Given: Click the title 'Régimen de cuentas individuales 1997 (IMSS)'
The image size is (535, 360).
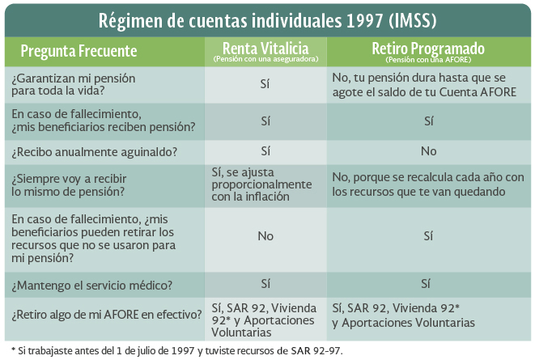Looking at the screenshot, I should [266, 19].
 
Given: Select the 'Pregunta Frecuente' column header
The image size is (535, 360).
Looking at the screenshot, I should [79, 52].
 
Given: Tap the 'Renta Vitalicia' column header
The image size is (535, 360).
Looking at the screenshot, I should [265, 48].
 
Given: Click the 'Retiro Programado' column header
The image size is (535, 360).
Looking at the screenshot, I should [428, 48].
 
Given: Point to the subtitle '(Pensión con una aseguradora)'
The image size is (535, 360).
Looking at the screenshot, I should [265, 60].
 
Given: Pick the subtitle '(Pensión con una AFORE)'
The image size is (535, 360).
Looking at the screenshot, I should [428, 60].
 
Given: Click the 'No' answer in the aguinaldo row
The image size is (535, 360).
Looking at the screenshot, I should [428, 151].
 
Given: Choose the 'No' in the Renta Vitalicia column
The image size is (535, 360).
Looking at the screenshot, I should [265, 235].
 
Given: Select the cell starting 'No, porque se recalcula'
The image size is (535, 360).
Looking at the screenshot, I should [429, 184].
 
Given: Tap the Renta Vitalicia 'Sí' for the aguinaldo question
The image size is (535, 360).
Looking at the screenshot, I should [265, 150].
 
